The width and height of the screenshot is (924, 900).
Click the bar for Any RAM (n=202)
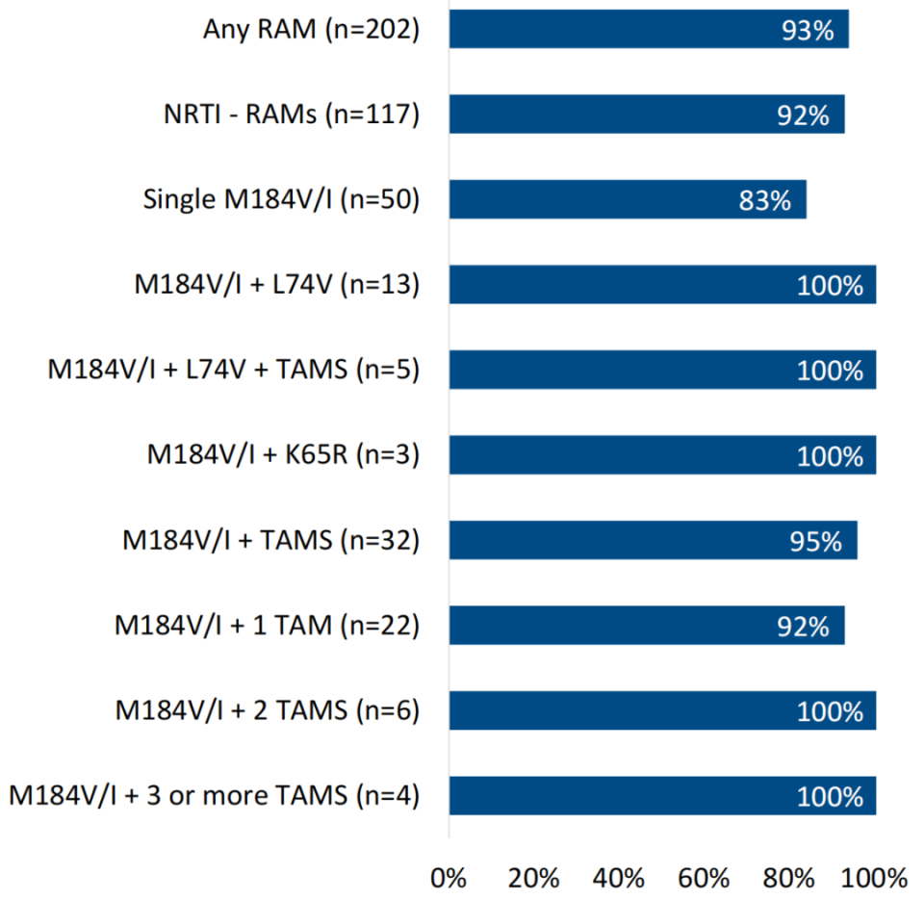pos(649,29)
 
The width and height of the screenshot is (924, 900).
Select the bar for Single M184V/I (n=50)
pos(628,199)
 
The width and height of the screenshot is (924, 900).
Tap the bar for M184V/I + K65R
pos(662,454)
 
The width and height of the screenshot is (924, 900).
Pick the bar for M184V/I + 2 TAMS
pos(662,710)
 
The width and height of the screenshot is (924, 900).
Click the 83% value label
pos(766,200)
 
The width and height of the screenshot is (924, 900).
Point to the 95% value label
pos(817,541)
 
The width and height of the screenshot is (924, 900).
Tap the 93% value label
pos(808,30)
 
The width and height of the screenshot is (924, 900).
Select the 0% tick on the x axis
pos(449,877)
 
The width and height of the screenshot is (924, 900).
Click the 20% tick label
pos(534,877)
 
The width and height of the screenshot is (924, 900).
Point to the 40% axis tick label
pos(620,877)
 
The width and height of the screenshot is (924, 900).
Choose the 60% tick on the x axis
pos(705,877)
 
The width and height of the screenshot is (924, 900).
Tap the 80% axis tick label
pos(790,877)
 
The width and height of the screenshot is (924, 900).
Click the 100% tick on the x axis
pos(873,877)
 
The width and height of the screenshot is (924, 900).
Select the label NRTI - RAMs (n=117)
pos(291,115)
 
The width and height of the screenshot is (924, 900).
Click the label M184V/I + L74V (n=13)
pos(276,285)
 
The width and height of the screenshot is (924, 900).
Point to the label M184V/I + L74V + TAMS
pos(233,370)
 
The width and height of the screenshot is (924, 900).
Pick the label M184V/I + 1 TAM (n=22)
pos(267,626)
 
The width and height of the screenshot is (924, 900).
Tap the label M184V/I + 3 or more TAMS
pos(214,796)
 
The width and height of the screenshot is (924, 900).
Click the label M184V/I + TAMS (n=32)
pos(270,540)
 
